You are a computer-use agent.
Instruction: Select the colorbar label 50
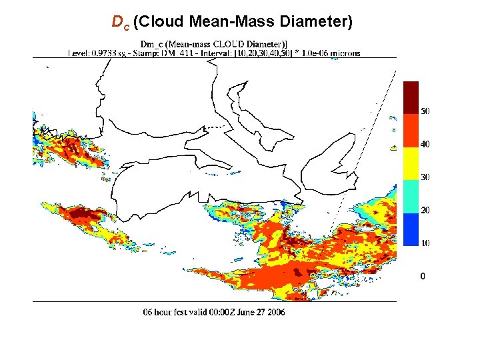tap(424, 111)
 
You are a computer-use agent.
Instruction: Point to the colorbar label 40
tap(424, 144)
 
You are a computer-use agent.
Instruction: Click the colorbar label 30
tap(424, 177)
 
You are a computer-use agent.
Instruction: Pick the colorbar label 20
tap(424, 211)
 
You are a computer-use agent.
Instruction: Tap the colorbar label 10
tap(424, 243)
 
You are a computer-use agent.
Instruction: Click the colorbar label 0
tap(422, 276)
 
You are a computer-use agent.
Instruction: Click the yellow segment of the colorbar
tap(411, 163)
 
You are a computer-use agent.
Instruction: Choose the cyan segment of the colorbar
tap(411, 196)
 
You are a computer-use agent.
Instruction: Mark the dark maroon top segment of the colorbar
tap(411, 97)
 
